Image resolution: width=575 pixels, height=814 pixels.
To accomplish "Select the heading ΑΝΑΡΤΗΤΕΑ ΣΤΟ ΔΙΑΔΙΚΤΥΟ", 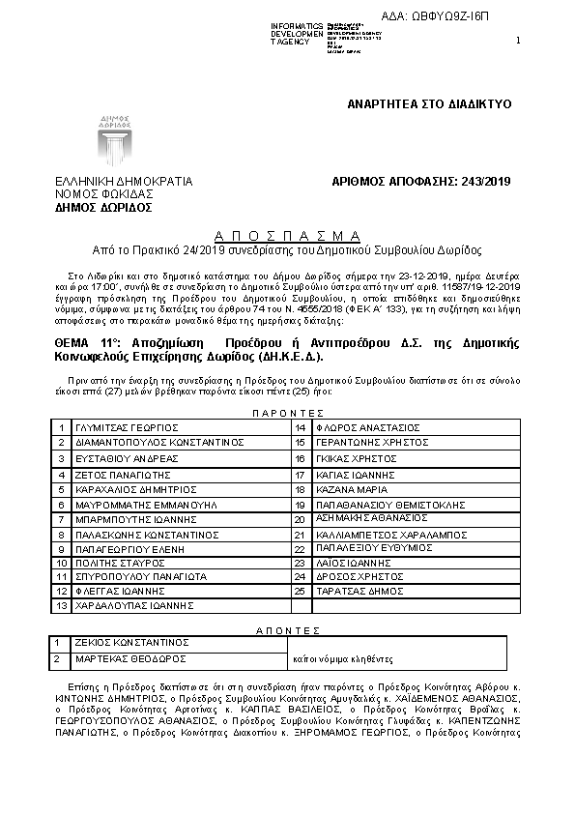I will coord(429,103).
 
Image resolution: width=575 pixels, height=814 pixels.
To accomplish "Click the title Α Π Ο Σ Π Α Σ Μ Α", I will coord(287,235).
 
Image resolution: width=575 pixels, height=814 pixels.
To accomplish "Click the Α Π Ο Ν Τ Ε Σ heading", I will coord(287,629).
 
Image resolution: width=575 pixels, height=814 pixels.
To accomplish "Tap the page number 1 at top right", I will coord(519,40).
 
